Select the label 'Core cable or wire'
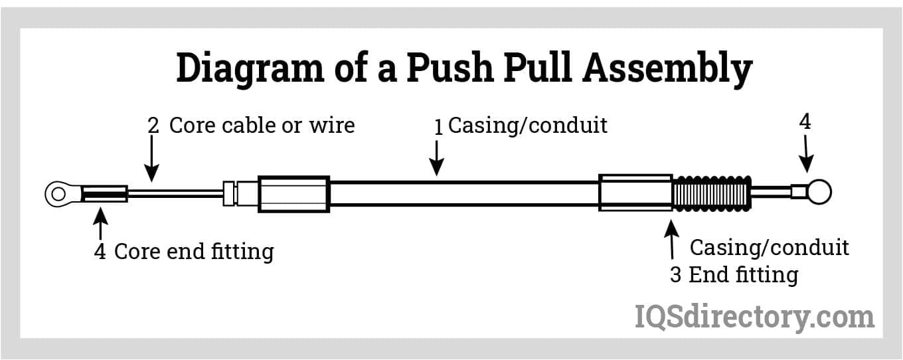pos(262,125)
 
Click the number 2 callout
pos(153,126)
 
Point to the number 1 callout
pos(438,126)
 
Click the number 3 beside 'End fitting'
pos(675,275)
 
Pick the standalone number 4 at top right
pos(805,122)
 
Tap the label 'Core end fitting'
pos(193,252)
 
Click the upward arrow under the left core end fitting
pos(100,224)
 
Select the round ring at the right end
pos(819,193)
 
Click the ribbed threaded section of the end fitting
pos(711,193)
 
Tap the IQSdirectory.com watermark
pos(754,316)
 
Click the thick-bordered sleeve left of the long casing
pos(293,194)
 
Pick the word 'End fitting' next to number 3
pos(743,275)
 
